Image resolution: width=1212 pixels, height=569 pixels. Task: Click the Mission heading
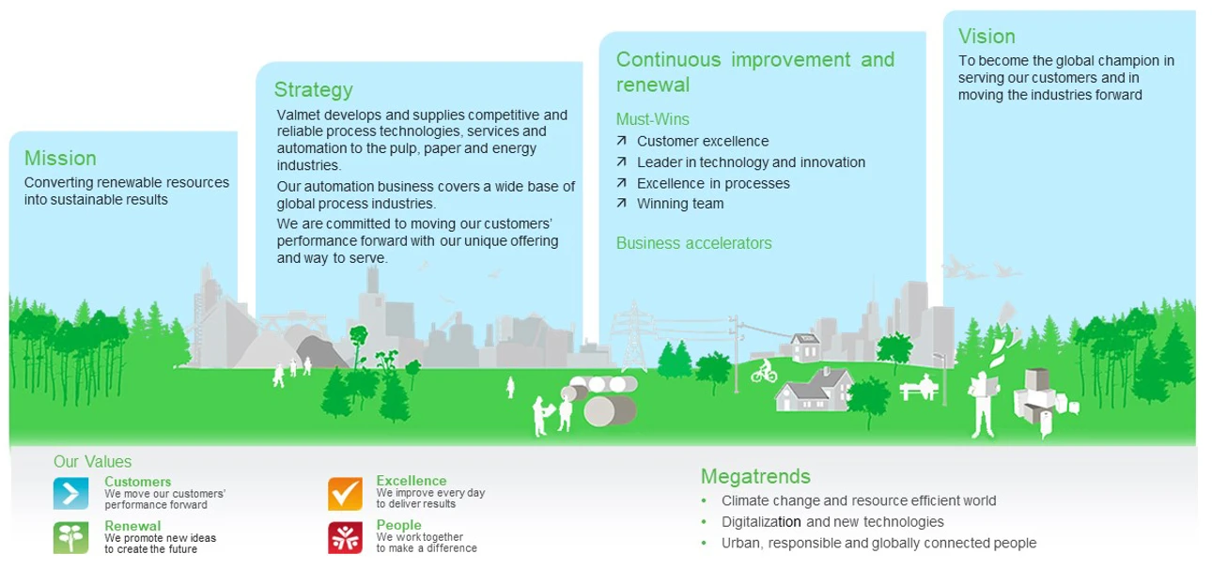pos(60,158)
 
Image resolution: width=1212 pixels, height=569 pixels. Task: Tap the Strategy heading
pos(313,90)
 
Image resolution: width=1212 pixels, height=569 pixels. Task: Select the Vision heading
pos(987,37)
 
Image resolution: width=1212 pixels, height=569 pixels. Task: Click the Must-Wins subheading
pos(653,119)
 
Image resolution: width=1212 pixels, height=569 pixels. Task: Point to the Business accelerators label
pos(693,243)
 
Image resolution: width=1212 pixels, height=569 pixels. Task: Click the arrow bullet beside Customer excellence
pos(622,141)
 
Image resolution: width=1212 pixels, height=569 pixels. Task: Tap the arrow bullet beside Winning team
pos(622,203)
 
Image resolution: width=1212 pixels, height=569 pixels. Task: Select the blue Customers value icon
pos(70,493)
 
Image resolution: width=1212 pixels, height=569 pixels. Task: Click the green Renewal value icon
pos(70,538)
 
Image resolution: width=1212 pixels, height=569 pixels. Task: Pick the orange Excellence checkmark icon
pos(345,493)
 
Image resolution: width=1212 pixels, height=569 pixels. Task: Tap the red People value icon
pos(345,538)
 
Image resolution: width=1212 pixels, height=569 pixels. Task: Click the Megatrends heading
pos(755,476)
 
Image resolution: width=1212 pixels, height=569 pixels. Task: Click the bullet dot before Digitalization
pos(704,522)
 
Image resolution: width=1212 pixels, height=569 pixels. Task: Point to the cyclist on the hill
pos(764,371)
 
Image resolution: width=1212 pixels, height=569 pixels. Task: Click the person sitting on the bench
pos(926,385)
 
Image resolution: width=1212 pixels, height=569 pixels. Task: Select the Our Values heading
pos(92,461)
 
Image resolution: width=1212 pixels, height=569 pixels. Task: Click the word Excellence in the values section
pos(412,481)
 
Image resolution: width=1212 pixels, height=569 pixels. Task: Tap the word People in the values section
pos(398,525)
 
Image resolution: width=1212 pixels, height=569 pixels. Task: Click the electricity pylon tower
pos(632,335)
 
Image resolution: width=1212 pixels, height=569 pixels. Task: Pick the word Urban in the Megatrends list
pos(740,543)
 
